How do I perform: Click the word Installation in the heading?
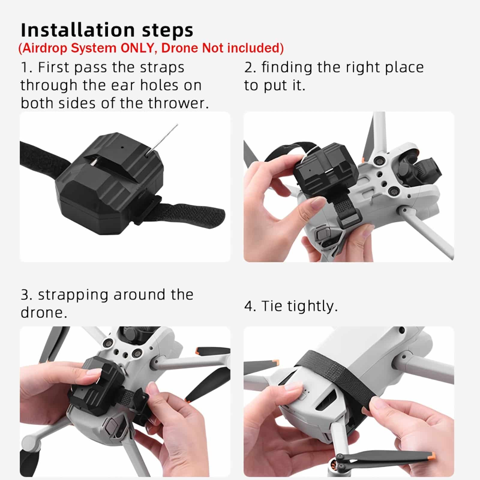click(x=78, y=30)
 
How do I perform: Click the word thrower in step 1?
click(x=178, y=103)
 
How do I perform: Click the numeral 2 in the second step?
click(x=249, y=67)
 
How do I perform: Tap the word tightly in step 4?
click(x=312, y=306)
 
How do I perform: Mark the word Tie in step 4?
click(x=272, y=306)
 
